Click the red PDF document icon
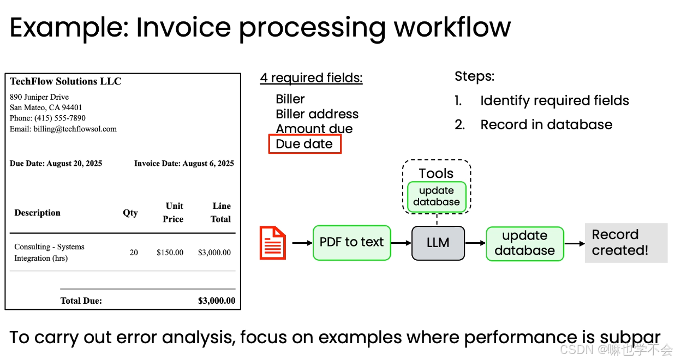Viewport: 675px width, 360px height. [272, 243]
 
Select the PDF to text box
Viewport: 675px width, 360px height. [351, 243]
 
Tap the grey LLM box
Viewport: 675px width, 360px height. [438, 243]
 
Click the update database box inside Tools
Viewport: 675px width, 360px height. [437, 196]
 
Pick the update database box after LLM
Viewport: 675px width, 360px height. [524, 243]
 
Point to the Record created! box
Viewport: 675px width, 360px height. [626, 243]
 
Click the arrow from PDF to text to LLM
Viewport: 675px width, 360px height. [401, 243]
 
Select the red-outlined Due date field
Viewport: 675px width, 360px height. [304, 144]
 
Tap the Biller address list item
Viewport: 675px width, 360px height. [317, 114]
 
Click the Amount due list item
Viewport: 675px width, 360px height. [314, 129]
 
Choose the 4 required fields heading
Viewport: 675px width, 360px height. [311, 77]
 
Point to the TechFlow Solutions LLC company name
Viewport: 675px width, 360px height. [65, 81]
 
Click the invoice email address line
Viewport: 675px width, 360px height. [63, 129]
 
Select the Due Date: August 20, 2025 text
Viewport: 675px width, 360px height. [56, 163]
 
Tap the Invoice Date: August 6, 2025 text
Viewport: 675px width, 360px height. [184, 163]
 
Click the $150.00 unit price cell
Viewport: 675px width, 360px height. [170, 253]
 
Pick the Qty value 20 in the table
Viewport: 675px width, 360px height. [134, 253]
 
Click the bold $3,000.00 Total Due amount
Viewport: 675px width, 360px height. [217, 301]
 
